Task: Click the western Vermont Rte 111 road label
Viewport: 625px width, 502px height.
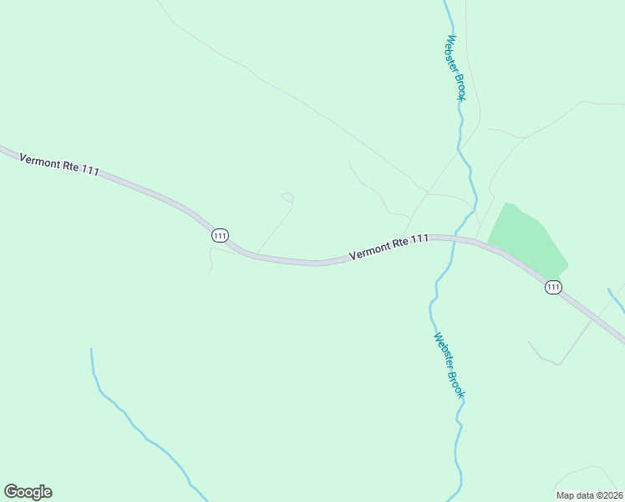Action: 58,163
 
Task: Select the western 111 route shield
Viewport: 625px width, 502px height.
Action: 220,236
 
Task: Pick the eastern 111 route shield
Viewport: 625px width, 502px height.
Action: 553,287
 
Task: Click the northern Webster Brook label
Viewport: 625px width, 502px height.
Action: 455,68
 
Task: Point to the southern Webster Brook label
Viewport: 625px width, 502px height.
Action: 450,365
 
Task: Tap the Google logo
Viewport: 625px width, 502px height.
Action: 28,492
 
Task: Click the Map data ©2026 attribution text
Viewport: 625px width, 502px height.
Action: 589,494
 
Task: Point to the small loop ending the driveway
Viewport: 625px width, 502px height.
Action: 287,197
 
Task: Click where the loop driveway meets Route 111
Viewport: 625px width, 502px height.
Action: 256,254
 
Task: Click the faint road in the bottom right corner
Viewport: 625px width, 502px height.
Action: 589,473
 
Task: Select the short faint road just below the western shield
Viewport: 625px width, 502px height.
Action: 211,259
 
